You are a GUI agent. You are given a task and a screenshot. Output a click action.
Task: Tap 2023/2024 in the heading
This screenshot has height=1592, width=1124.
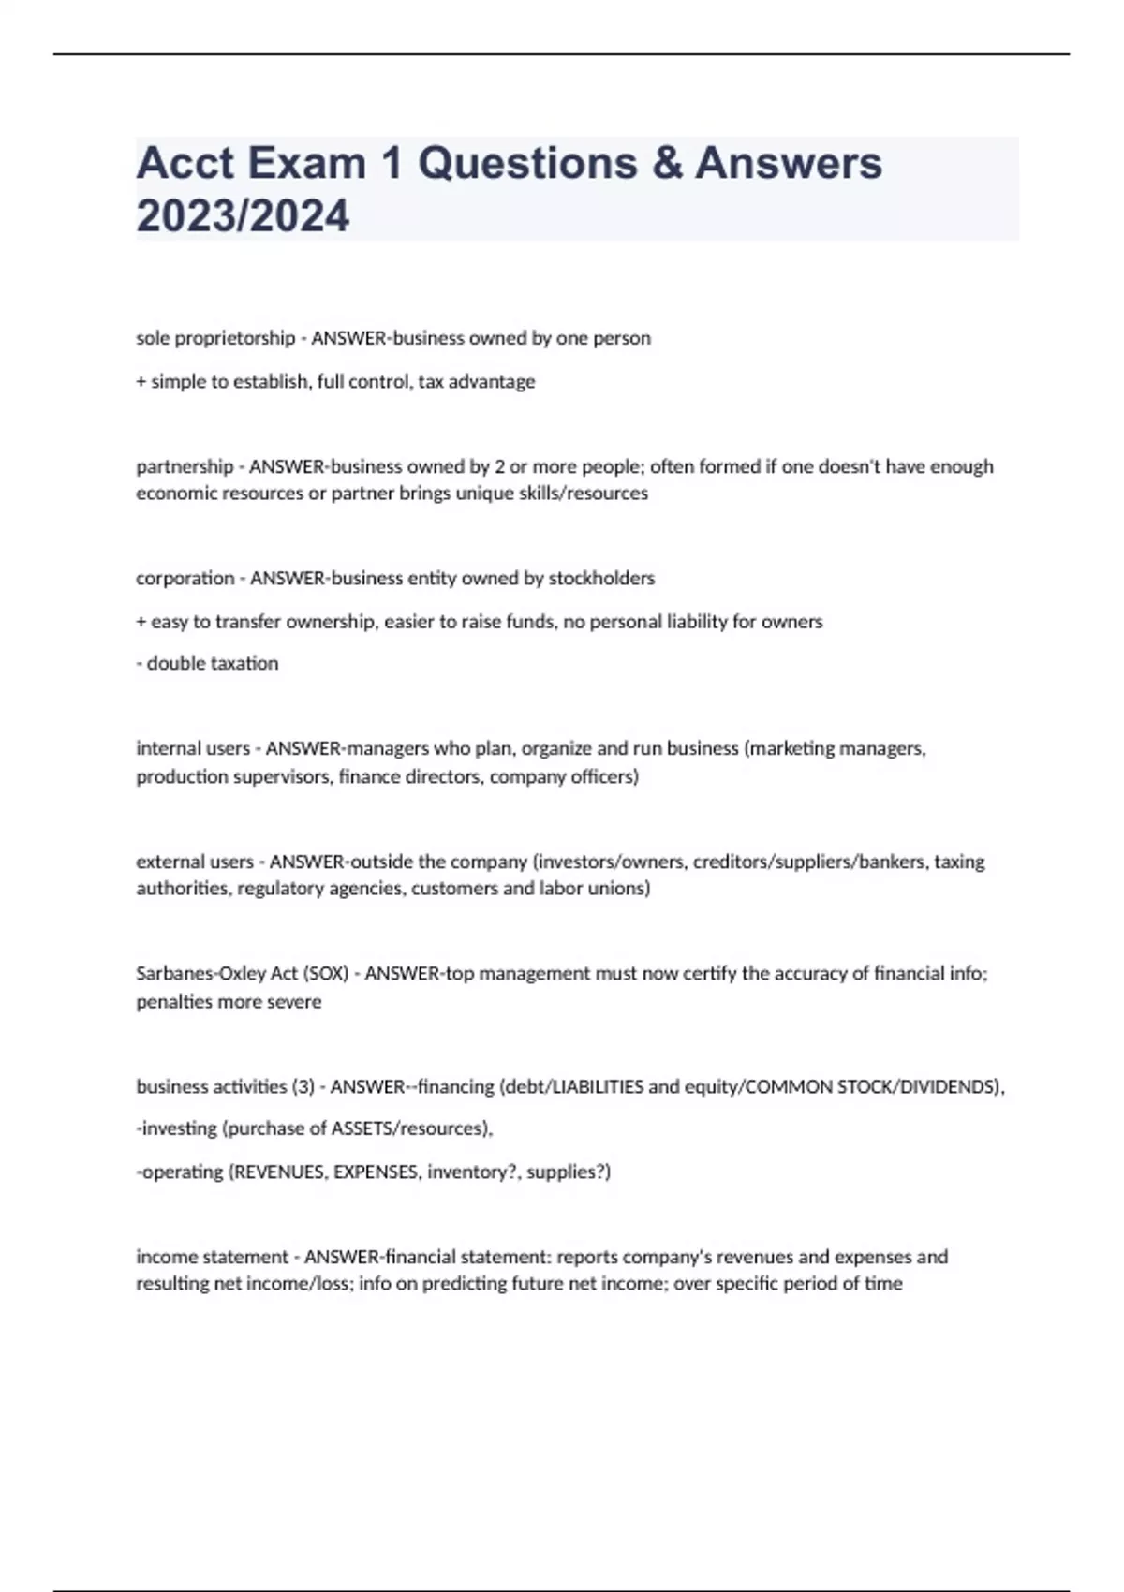coord(243,215)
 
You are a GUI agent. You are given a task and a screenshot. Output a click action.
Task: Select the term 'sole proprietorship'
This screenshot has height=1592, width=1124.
coord(215,338)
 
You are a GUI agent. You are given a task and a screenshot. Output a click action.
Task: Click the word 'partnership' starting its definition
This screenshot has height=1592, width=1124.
coord(185,466)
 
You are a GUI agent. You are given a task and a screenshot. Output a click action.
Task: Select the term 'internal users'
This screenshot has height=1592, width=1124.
coord(193,748)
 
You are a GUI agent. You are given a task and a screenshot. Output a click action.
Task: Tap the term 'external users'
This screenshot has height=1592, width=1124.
coord(195,862)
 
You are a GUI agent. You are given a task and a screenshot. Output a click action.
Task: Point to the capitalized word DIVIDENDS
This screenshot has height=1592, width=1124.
coord(948,1086)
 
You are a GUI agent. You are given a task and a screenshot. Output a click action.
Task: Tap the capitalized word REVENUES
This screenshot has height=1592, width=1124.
coord(278,1172)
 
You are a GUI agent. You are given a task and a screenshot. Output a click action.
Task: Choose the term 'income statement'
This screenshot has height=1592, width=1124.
coord(212,1257)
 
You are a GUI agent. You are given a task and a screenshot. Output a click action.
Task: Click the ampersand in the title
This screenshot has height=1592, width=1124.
coord(667,163)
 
